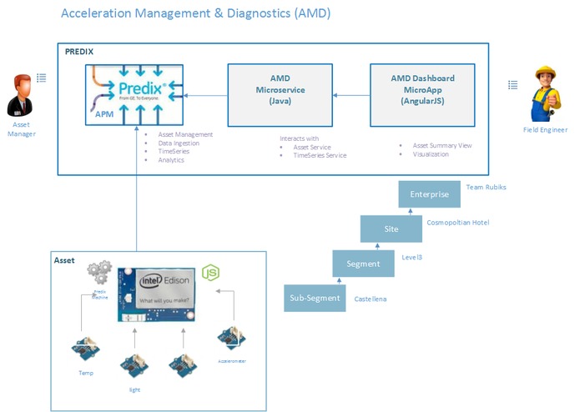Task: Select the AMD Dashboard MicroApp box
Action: [x=423, y=89]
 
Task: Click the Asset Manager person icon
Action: [x=21, y=95]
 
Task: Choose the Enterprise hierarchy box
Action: [x=429, y=194]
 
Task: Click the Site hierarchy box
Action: [x=391, y=229]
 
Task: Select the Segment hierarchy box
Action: [x=363, y=264]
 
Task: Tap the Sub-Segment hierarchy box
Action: [x=315, y=298]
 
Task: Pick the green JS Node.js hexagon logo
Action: [x=212, y=273]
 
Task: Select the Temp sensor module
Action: [x=85, y=349]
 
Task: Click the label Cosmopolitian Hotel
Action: [x=457, y=223]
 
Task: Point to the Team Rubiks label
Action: [x=486, y=188]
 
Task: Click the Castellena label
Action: [x=371, y=299]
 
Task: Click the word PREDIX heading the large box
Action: [x=79, y=52]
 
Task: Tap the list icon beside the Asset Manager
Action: [x=42, y=77]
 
